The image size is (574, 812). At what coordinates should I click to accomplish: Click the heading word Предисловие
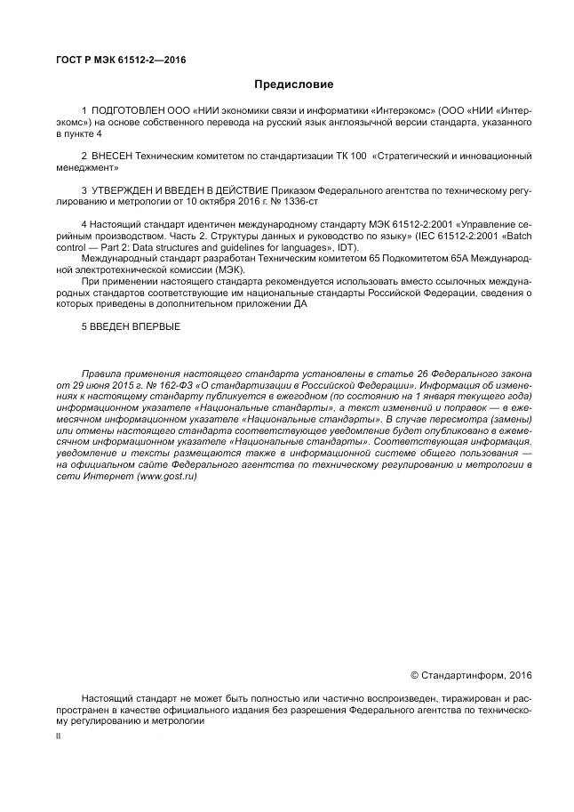(293, 84)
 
